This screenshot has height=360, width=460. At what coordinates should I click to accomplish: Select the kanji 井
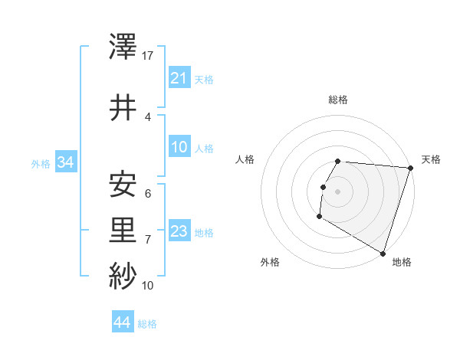[x=123, y=107]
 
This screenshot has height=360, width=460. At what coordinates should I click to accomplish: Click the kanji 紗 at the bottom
[x=123, y=275]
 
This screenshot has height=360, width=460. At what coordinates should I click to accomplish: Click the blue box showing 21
[x=179, y=79]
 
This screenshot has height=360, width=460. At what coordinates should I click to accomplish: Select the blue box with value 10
[x=179, y=148]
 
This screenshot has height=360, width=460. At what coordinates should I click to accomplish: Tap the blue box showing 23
[x=179, y=232]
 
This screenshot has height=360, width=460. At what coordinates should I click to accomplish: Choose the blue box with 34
[x=65, y=162]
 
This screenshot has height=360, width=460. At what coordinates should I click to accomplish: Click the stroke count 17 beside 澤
[x=148, y=55]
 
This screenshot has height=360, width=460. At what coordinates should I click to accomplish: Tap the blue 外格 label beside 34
[x=40, y=163]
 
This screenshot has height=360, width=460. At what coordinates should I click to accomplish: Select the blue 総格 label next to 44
[x=147, y=324]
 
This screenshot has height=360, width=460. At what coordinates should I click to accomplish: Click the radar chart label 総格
[x=338, y=100]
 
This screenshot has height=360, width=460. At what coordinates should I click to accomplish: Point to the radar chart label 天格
[x=431, y=159]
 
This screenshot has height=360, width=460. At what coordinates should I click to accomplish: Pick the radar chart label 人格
[x=245, y=159]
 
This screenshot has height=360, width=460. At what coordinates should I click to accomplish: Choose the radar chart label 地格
[x=402, y=262]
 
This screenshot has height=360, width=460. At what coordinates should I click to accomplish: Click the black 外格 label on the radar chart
[x=270, y=262]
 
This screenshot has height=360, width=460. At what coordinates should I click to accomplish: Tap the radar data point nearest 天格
[x=410, y=168]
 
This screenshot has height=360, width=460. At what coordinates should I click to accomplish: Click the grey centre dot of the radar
[x=337, y=191]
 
